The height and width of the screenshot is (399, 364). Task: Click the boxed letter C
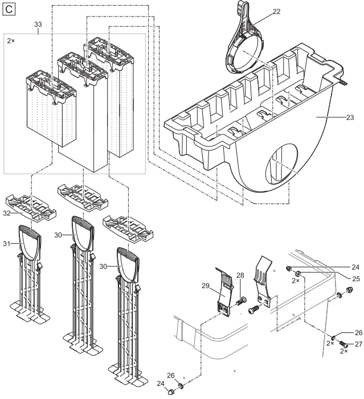9,10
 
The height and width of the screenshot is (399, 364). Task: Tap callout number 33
38,25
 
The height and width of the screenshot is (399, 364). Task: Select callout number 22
277,11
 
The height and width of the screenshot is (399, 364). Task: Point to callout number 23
350,117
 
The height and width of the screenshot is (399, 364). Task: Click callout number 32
7,213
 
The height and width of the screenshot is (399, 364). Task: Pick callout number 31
7,244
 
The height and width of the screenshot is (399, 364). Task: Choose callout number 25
356,279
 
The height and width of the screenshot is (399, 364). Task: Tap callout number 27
358,344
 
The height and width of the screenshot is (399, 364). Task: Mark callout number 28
240,275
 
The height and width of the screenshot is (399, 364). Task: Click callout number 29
206,286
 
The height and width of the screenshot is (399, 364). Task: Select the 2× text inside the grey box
11,40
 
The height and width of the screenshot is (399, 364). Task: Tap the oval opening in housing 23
281,165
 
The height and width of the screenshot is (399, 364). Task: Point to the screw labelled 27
343,344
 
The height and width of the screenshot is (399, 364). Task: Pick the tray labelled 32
31,207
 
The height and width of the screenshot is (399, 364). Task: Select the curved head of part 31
30,241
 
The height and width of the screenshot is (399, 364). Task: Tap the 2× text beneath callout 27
344,351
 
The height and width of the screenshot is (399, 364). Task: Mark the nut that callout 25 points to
297,274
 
